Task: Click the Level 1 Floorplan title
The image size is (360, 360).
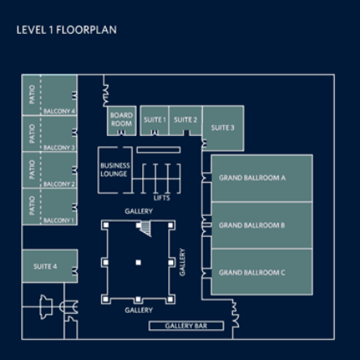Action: (x=66, y=30)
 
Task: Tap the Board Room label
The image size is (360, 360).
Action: (x=121, y=120)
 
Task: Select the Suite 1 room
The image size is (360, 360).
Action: (x=155, y=121)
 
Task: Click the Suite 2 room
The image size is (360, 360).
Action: (x=185, y=121)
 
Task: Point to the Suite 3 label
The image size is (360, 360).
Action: (x=222, y=128)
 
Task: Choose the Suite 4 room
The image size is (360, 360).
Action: (x=50, y=266)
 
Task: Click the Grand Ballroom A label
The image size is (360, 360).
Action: (x=252, y=178)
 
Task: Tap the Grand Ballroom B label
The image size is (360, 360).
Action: (x=252, y=226)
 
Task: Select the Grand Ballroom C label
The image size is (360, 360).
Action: (x=252, y=273)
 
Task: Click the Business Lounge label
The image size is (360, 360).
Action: (x=115, y=170)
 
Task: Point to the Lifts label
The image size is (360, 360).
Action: (x=162, y=198)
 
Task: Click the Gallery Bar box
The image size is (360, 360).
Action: (x=186, y=326)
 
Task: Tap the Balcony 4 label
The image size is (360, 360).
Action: (x=59, y=112)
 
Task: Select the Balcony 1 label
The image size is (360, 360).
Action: (x=59, y=221)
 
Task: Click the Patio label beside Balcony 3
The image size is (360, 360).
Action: (x=32, y=133)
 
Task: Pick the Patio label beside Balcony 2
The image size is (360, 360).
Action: (x=32, y=170)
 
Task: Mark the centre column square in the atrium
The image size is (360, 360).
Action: (x=138, y=262)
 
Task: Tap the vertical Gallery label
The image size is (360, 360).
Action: (x=183, y=262)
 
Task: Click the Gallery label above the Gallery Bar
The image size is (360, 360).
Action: (x=139, y=311)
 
